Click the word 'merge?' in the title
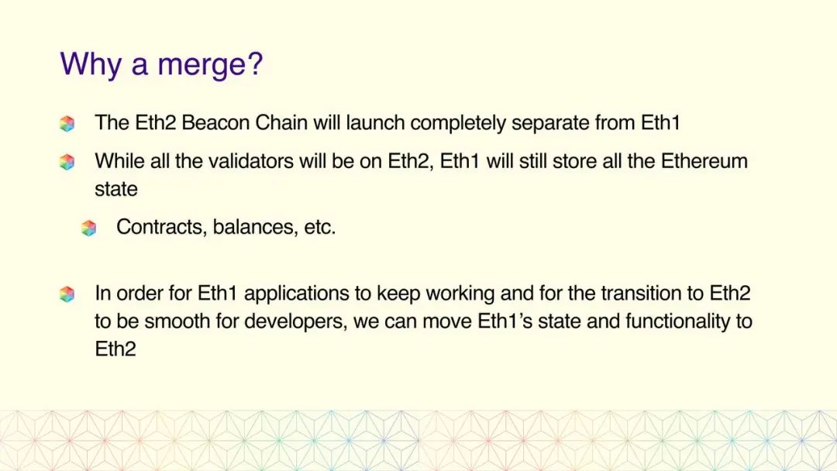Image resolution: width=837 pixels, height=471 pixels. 210,64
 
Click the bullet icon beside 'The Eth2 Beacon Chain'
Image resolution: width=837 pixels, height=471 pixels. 67,123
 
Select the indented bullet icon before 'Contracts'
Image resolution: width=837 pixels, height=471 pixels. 89,229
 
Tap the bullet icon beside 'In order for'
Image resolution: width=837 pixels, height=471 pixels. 67,294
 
